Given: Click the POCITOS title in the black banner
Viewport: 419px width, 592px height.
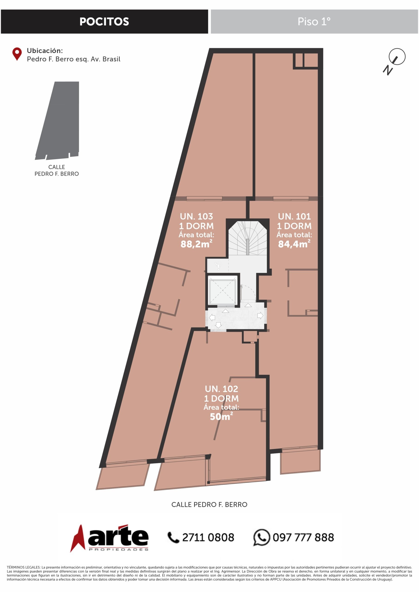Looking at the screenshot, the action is (104, 22).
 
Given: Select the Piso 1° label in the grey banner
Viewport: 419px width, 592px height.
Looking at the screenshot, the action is (314, 22).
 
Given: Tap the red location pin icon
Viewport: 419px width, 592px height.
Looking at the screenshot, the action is (17, 54).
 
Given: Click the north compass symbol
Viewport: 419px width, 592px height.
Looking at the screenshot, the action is (394, 61).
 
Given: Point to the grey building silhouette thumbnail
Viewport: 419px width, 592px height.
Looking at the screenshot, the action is (57, 120).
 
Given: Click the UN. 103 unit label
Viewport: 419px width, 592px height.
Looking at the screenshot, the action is (196, 216).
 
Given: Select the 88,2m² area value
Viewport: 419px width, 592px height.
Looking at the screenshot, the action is (196, 244).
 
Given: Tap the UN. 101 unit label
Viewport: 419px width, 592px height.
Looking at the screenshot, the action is (294, 216).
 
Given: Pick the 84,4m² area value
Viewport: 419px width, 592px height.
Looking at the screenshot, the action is (294, 244).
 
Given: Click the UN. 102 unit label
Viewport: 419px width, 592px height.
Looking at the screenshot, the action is (221, 388).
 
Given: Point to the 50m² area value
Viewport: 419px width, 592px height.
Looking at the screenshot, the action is (221, 416).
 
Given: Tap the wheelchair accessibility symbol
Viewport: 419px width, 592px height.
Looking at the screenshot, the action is (218, 265).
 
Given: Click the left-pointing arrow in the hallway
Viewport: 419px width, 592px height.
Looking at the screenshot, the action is (212, 318).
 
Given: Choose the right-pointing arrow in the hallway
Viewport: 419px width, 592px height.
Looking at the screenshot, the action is (260, 315).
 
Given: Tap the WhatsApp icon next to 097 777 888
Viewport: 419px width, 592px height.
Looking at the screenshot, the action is (261, 537).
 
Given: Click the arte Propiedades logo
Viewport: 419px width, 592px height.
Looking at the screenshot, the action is (109, 538).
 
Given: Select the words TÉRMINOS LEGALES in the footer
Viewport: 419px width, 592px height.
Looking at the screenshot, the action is (23, 567).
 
